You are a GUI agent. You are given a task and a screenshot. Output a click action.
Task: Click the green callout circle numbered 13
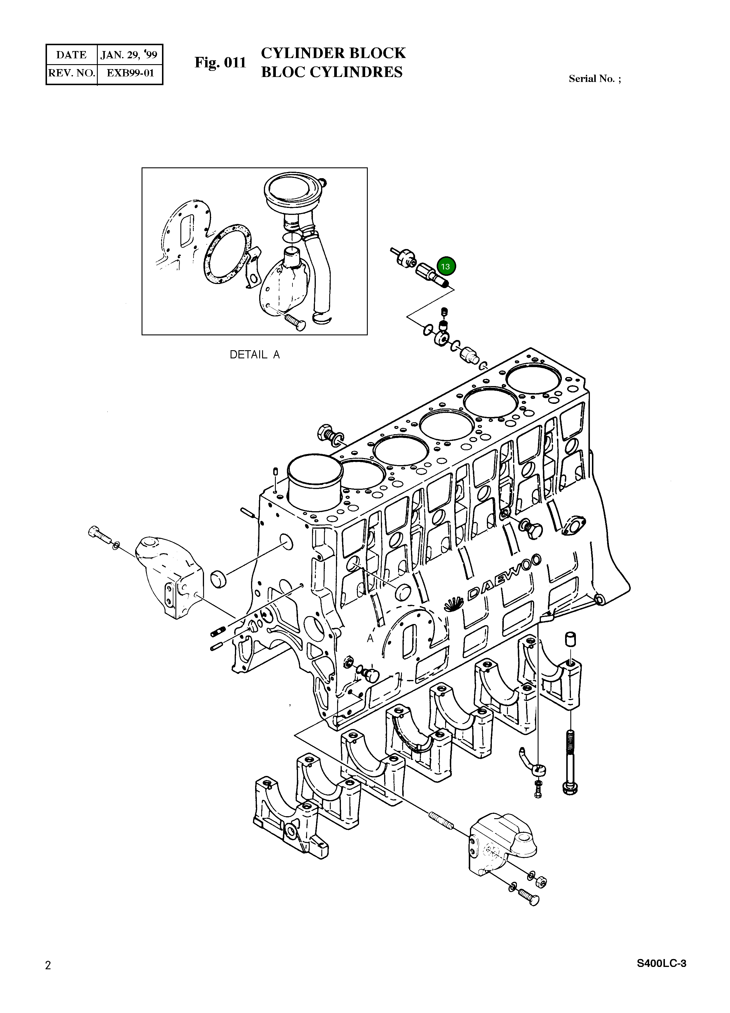pyautogui.click(x=446, y=267)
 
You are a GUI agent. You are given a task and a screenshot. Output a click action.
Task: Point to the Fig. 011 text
pyautogui.click(x=220, y=62)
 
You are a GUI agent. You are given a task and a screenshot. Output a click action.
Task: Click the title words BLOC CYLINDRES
pyautogui.click(x=331, y=72)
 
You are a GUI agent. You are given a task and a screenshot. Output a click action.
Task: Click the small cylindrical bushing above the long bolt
pyautogui.click(x=570, y=639)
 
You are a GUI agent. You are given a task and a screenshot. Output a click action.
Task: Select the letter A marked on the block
pyautogui.click(x=370, y=639)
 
